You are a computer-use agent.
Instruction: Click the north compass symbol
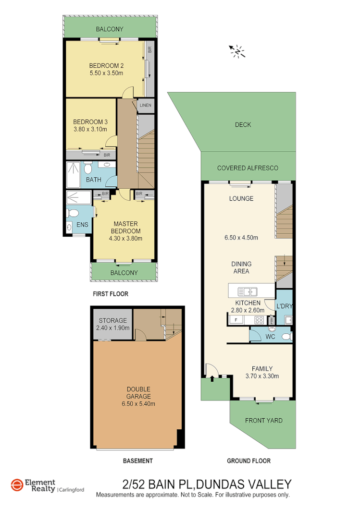[238, 51]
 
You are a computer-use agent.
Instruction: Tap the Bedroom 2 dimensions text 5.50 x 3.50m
[106, 73]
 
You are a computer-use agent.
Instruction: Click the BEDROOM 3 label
[90, 121]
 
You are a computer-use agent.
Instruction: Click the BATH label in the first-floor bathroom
[94, 180]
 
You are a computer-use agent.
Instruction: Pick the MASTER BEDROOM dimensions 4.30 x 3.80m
[125, 238]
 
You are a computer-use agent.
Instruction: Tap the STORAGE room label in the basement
[112, 321]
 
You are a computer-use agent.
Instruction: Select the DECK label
[243, 125]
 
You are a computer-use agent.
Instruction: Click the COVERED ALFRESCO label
[248, 168]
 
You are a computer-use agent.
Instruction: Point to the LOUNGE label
[241, 199]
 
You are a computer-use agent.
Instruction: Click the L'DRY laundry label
[283, 306]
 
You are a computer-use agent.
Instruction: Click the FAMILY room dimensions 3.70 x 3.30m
[262, 376]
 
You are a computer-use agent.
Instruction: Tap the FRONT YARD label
[264, 421]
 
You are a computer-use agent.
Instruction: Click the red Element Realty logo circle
[17, 485]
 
